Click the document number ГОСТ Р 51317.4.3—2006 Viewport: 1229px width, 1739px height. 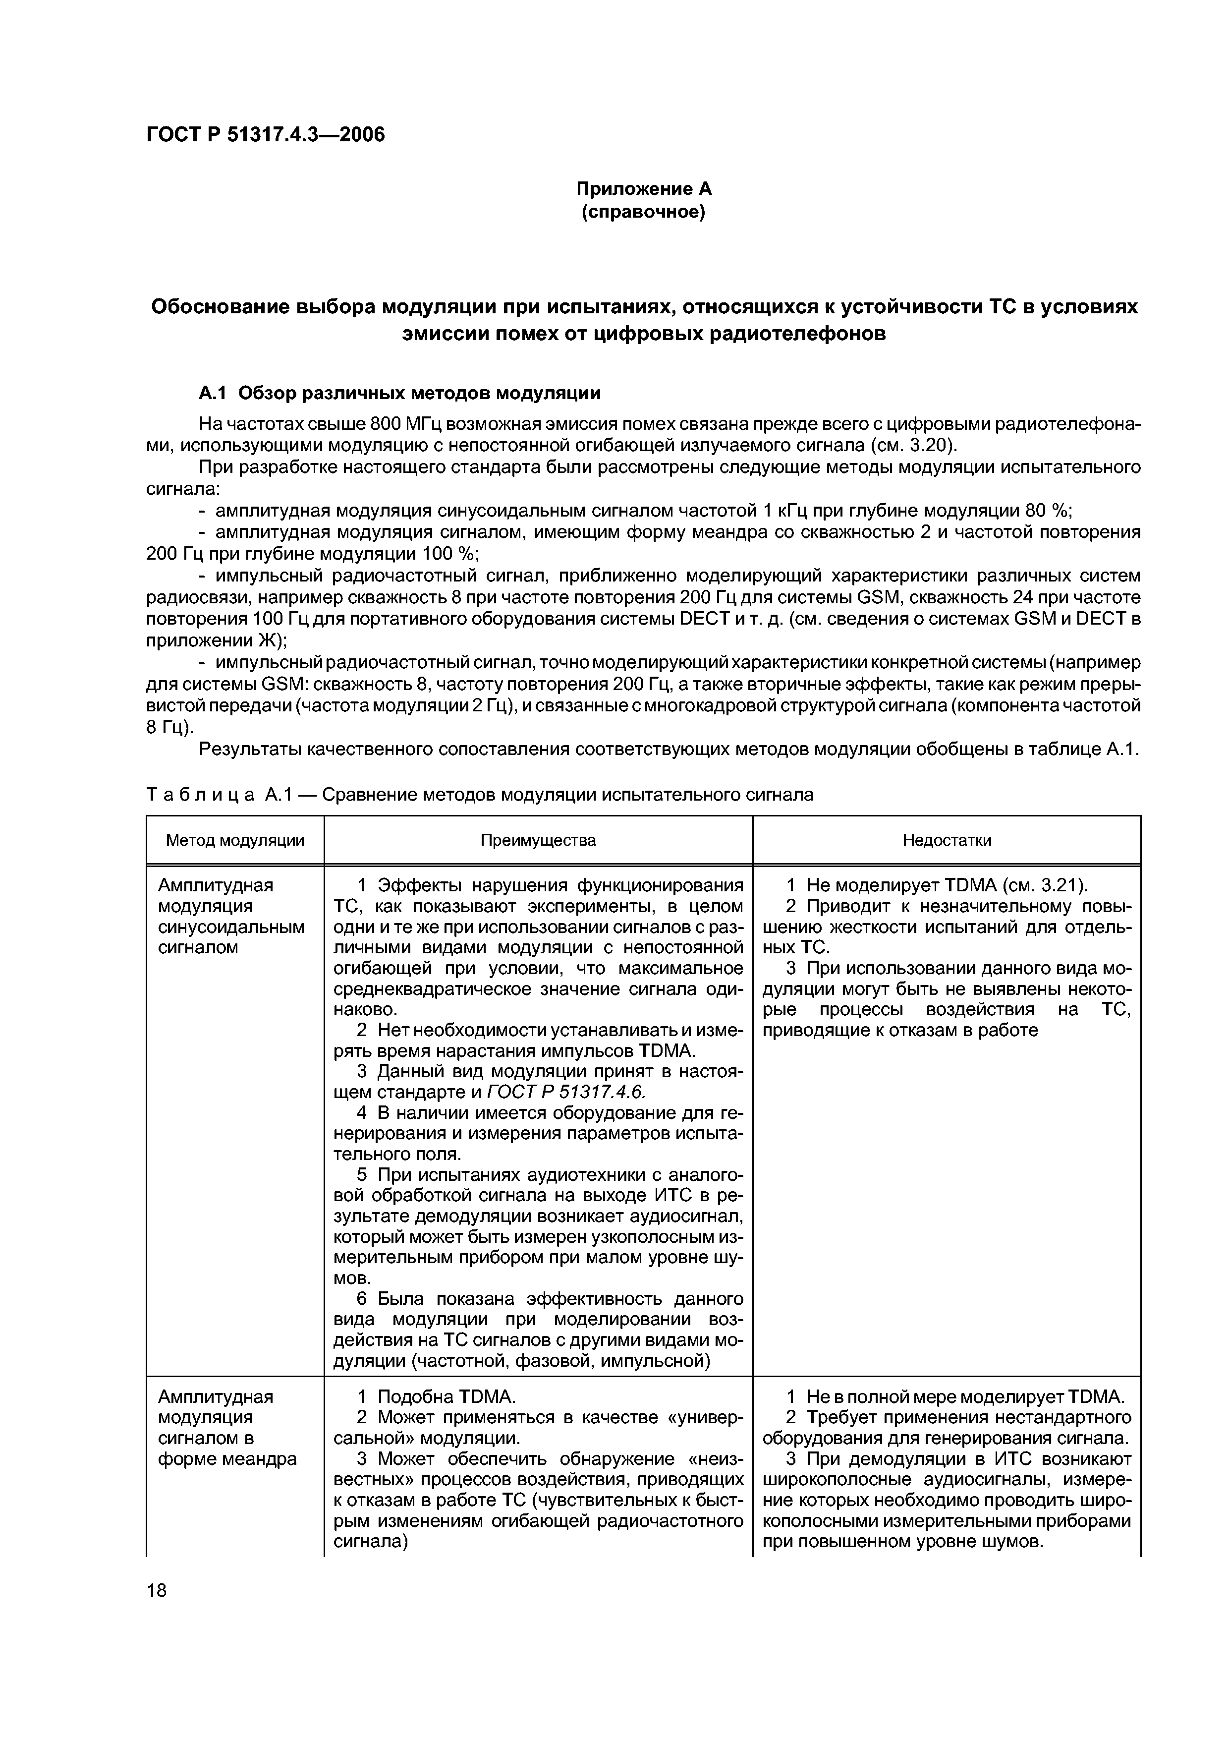point(265,135)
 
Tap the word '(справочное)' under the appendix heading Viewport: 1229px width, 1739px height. point(643,213)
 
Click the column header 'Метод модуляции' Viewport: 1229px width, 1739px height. point(235,840)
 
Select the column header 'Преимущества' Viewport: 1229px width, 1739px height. point(538,840)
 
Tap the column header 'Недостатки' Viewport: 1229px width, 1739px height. point(946,840)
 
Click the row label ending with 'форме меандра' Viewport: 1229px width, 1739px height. point(226,1459)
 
